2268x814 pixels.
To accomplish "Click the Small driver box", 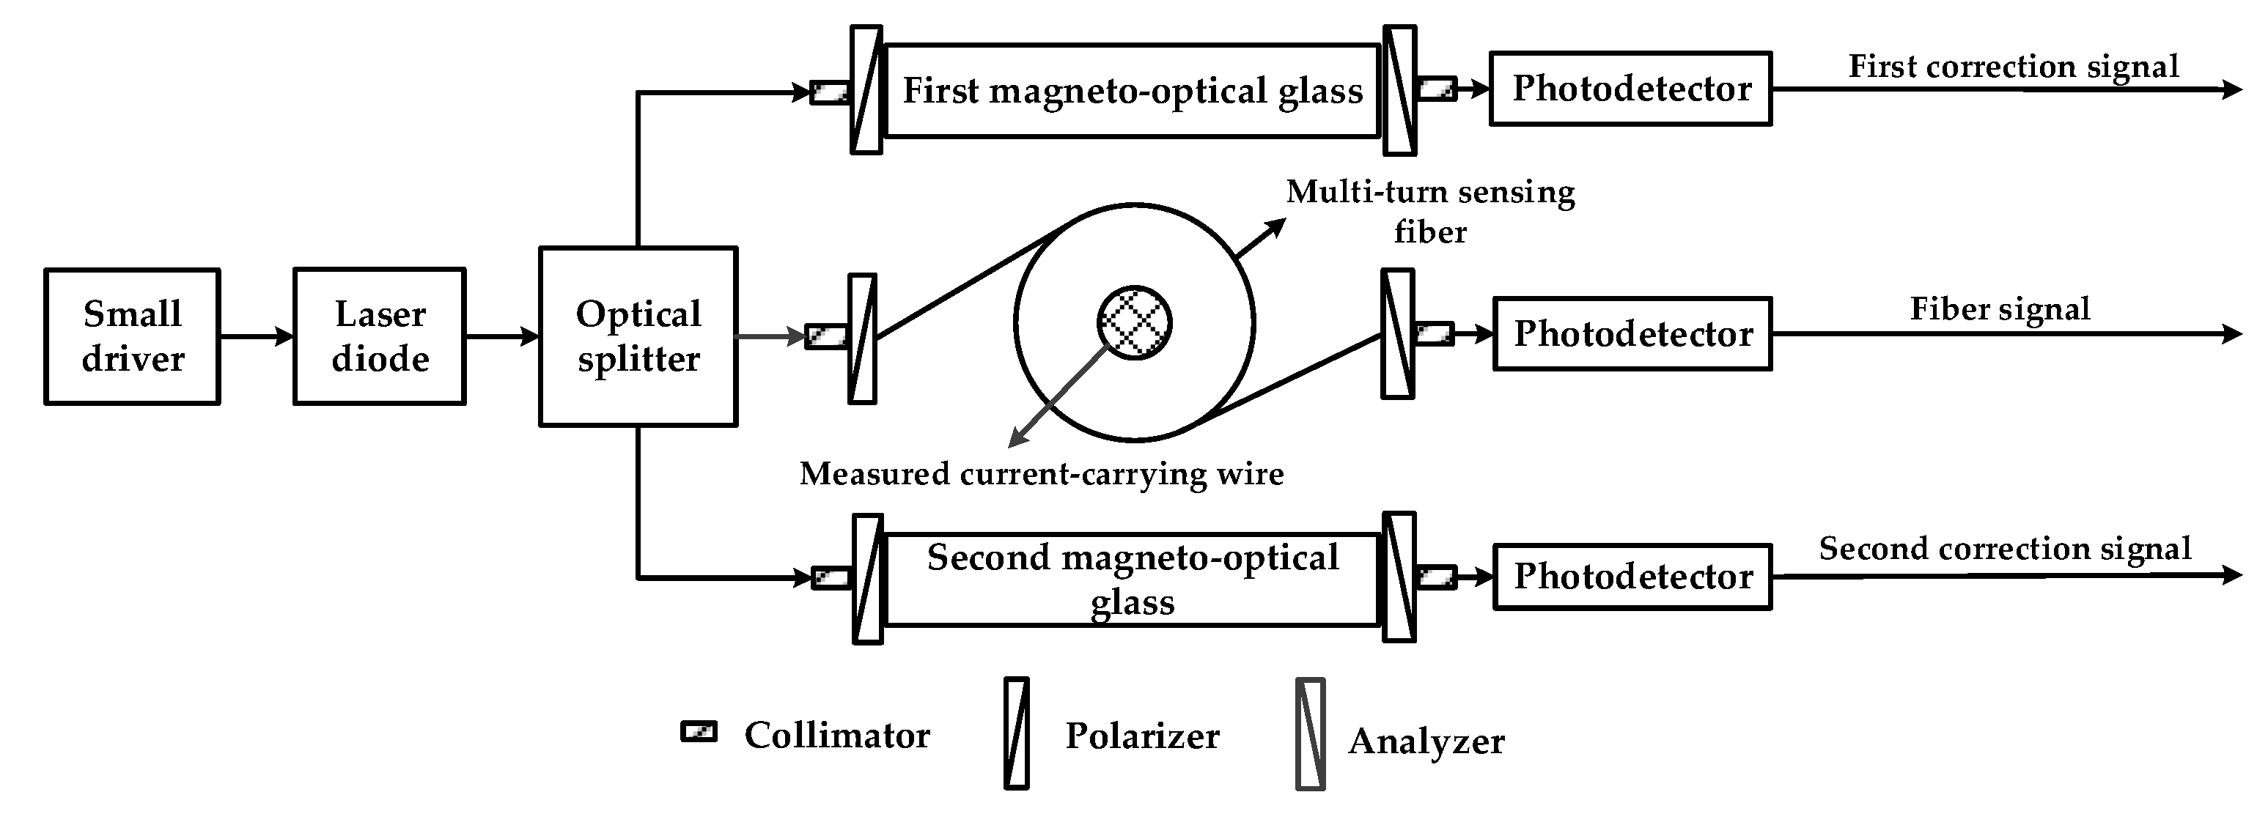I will [x=132, y=336].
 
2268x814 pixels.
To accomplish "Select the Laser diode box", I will [x=380, y=336].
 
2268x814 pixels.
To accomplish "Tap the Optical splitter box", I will [x=638, y=336].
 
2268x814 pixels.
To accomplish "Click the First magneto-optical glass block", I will [x=1133, y=91].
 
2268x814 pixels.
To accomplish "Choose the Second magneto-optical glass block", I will [x=1133, y=579].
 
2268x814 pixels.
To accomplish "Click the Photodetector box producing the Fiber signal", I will [x=1632, y=333].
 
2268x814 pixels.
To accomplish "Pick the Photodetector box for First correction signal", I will [x=1630, y=88].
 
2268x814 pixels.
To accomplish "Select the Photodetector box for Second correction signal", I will [x=1632, y=577].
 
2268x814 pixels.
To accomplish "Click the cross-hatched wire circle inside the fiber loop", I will [x=1134, y=322].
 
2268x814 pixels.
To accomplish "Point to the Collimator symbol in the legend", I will [x=699, y=732].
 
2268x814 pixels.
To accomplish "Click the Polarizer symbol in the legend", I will [x=1017, y=733].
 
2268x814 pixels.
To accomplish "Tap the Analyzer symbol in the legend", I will [x=1310, y=734].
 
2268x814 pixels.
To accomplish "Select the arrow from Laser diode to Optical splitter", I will [x=502, y=336].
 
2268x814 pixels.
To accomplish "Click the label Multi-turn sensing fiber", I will [x=1430, y=211].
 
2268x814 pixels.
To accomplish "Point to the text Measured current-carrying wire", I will [x=1042, y=473].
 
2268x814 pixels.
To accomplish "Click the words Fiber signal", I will [x=2000, y=309].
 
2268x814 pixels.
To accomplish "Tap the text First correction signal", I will [x=2013, y=66].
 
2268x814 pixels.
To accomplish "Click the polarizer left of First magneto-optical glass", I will [x=866, y=91].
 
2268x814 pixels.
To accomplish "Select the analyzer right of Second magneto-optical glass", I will [x=1399, y=577].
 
